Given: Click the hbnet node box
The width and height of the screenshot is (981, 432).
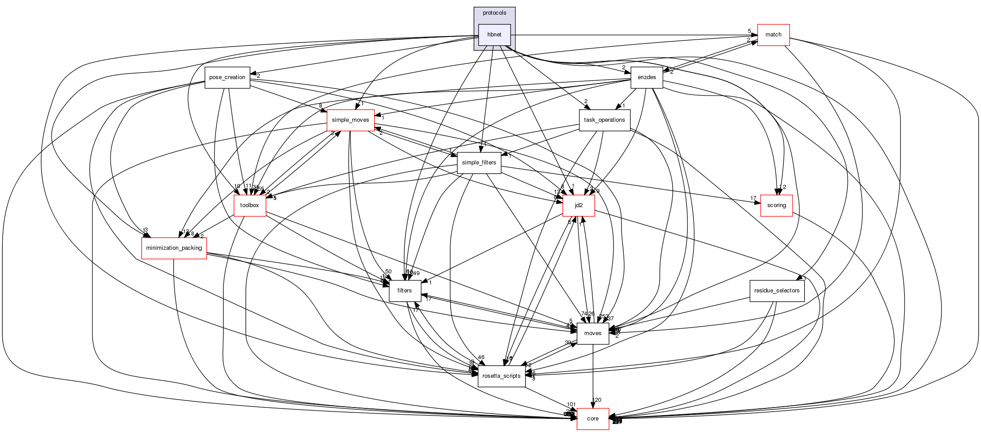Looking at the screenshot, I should pos(494,35).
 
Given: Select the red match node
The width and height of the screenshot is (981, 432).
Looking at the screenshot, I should pos(773,35).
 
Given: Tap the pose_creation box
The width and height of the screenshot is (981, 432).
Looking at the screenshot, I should pos(227,77).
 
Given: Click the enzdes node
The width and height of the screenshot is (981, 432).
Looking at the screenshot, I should pos(646,77).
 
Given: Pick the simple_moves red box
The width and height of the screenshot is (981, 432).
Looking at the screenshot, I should pos(351,120).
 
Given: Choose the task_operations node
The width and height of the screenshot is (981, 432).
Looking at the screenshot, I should pos(604,120).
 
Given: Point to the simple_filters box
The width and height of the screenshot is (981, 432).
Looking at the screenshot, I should pos(479,163).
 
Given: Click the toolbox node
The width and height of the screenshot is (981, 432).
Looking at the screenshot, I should pos(250,205).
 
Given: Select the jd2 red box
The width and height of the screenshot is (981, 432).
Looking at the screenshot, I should pos(578,205).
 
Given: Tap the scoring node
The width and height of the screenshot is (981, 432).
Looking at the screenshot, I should pos(776,205).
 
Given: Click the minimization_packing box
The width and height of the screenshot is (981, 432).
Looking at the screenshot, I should pos(174,248).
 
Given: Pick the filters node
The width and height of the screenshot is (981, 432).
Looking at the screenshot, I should pos(405,291).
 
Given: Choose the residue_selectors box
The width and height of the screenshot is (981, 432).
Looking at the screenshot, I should pos(777,291).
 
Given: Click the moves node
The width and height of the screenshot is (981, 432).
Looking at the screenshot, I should pos(593,333).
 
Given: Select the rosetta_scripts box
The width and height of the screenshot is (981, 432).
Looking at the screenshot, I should pos(501,376).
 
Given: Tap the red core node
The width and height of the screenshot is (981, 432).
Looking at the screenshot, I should pos(593,419).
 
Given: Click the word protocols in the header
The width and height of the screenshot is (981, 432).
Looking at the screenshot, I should pos(494,13).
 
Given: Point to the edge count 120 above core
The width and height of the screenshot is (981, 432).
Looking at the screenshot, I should pos(597,400).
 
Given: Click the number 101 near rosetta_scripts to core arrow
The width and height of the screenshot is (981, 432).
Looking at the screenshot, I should pos(571,404).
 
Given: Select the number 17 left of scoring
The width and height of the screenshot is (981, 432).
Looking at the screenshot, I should pos(753,198).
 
